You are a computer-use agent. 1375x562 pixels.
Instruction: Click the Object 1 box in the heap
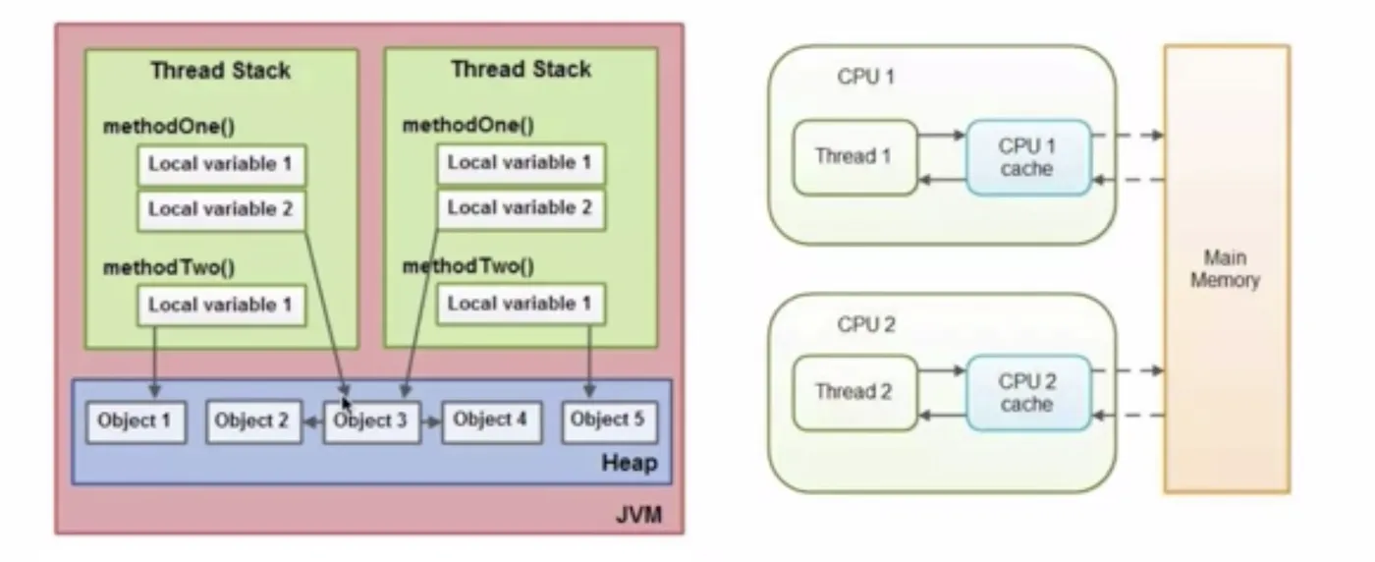[x=135, y=421]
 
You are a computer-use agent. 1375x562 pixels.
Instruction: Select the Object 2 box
[x=252, y=421]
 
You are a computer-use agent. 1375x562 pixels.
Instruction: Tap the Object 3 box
[x=370, y=421]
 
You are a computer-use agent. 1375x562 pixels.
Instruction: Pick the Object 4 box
[x=488, y=421]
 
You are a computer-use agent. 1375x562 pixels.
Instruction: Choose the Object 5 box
[x=608, y=421]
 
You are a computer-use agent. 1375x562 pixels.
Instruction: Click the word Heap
[x=629, y=462]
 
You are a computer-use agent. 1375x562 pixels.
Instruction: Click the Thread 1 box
[x=854, y=156]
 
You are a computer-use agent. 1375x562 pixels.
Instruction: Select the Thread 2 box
[x=854, y=392]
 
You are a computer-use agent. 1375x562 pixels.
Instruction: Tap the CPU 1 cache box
[x=1027, y=156]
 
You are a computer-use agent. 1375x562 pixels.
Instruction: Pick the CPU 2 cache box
[x=1027, y=392]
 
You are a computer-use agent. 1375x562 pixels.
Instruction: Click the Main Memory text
[x=1225, y=268]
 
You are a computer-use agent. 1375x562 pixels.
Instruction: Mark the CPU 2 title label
[x=865, y=323]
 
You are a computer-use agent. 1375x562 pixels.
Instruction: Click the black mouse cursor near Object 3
[x=346, y=403]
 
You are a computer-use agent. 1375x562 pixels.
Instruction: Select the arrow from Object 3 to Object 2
[x=312, y=421]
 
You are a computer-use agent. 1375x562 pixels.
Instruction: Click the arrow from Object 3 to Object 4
[x=430, y=421]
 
